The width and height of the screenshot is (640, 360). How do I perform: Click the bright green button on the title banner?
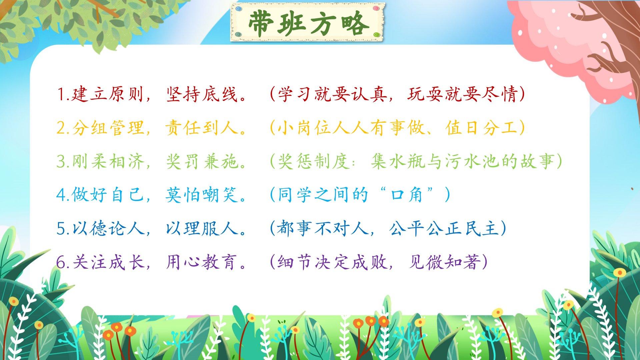point(376,35)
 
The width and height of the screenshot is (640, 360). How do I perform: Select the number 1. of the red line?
point(63,95)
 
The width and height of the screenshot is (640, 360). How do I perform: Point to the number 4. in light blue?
point(63,195)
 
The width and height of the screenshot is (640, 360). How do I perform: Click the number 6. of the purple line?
point(63,262)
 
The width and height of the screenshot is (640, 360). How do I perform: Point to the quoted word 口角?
point(406,195)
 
